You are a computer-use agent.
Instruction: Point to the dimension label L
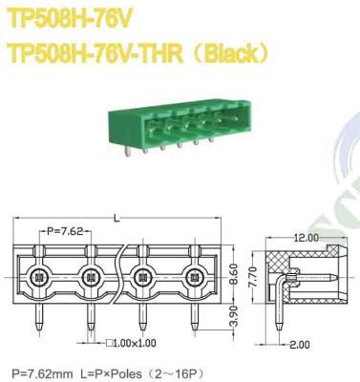[116, 218]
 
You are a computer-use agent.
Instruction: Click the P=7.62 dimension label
[69, 232]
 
